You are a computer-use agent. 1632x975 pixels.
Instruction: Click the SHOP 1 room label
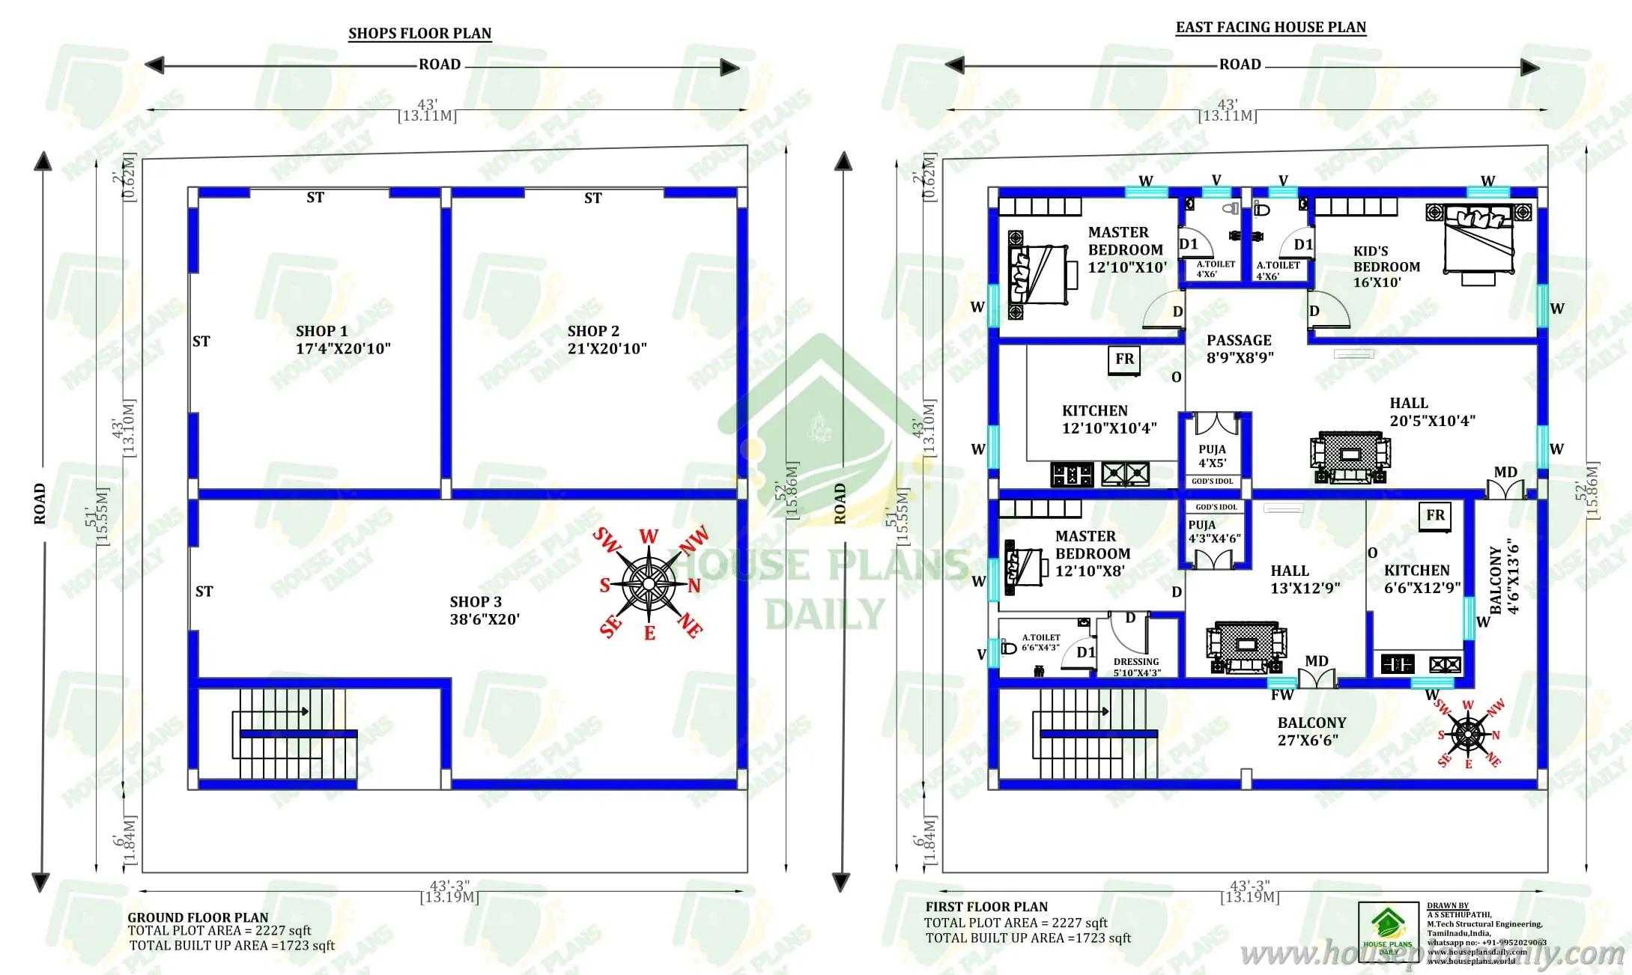(342, 339)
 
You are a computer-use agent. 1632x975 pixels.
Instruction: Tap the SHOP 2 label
(606, 339)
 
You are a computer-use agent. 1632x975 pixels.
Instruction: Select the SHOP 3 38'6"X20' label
(484, 610)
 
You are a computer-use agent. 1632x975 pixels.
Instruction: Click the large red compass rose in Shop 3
(649, 583)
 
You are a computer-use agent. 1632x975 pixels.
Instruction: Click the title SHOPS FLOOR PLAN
(419, 34)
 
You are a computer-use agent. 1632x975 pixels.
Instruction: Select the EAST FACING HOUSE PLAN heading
(1270, 28)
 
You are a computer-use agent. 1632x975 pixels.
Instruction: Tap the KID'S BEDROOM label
(1386, 267)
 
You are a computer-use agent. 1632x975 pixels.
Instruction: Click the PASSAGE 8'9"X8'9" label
(1240, 349)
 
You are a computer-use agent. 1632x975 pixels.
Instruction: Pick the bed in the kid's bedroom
(1478, 241)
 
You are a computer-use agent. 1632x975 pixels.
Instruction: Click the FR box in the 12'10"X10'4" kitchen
(1124, 359)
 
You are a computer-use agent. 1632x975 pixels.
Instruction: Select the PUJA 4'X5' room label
(1212, 456)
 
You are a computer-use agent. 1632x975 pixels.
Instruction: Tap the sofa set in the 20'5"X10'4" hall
(1350, 456)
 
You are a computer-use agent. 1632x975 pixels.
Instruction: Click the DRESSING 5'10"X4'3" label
(1136, 666)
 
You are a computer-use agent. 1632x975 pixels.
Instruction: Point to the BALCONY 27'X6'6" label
(1311, 731)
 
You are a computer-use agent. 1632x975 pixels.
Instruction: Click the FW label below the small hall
(1281, 695)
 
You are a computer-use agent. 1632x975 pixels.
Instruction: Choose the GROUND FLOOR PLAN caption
(198, 917)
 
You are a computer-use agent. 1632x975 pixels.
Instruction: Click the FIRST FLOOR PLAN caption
(986, 907)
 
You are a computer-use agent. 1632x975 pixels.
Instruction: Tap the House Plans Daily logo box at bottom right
(1388, 931)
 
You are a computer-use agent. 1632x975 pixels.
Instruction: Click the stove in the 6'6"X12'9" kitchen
(1445, 664)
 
